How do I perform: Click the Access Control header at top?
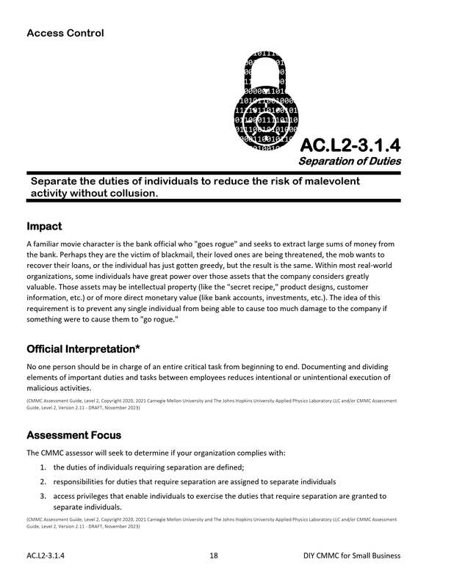pos(65,33)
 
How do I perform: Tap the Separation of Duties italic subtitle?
pos(349,161)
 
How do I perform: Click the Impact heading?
pos(44,226)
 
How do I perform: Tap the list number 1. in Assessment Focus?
pos(46,467)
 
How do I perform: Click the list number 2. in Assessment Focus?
pos(46,481)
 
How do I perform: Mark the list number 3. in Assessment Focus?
pos(46,496)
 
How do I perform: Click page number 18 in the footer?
pos(214,556)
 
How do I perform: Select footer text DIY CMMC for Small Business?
pos(352,556)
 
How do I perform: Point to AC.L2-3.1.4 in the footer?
pos(46,556)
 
